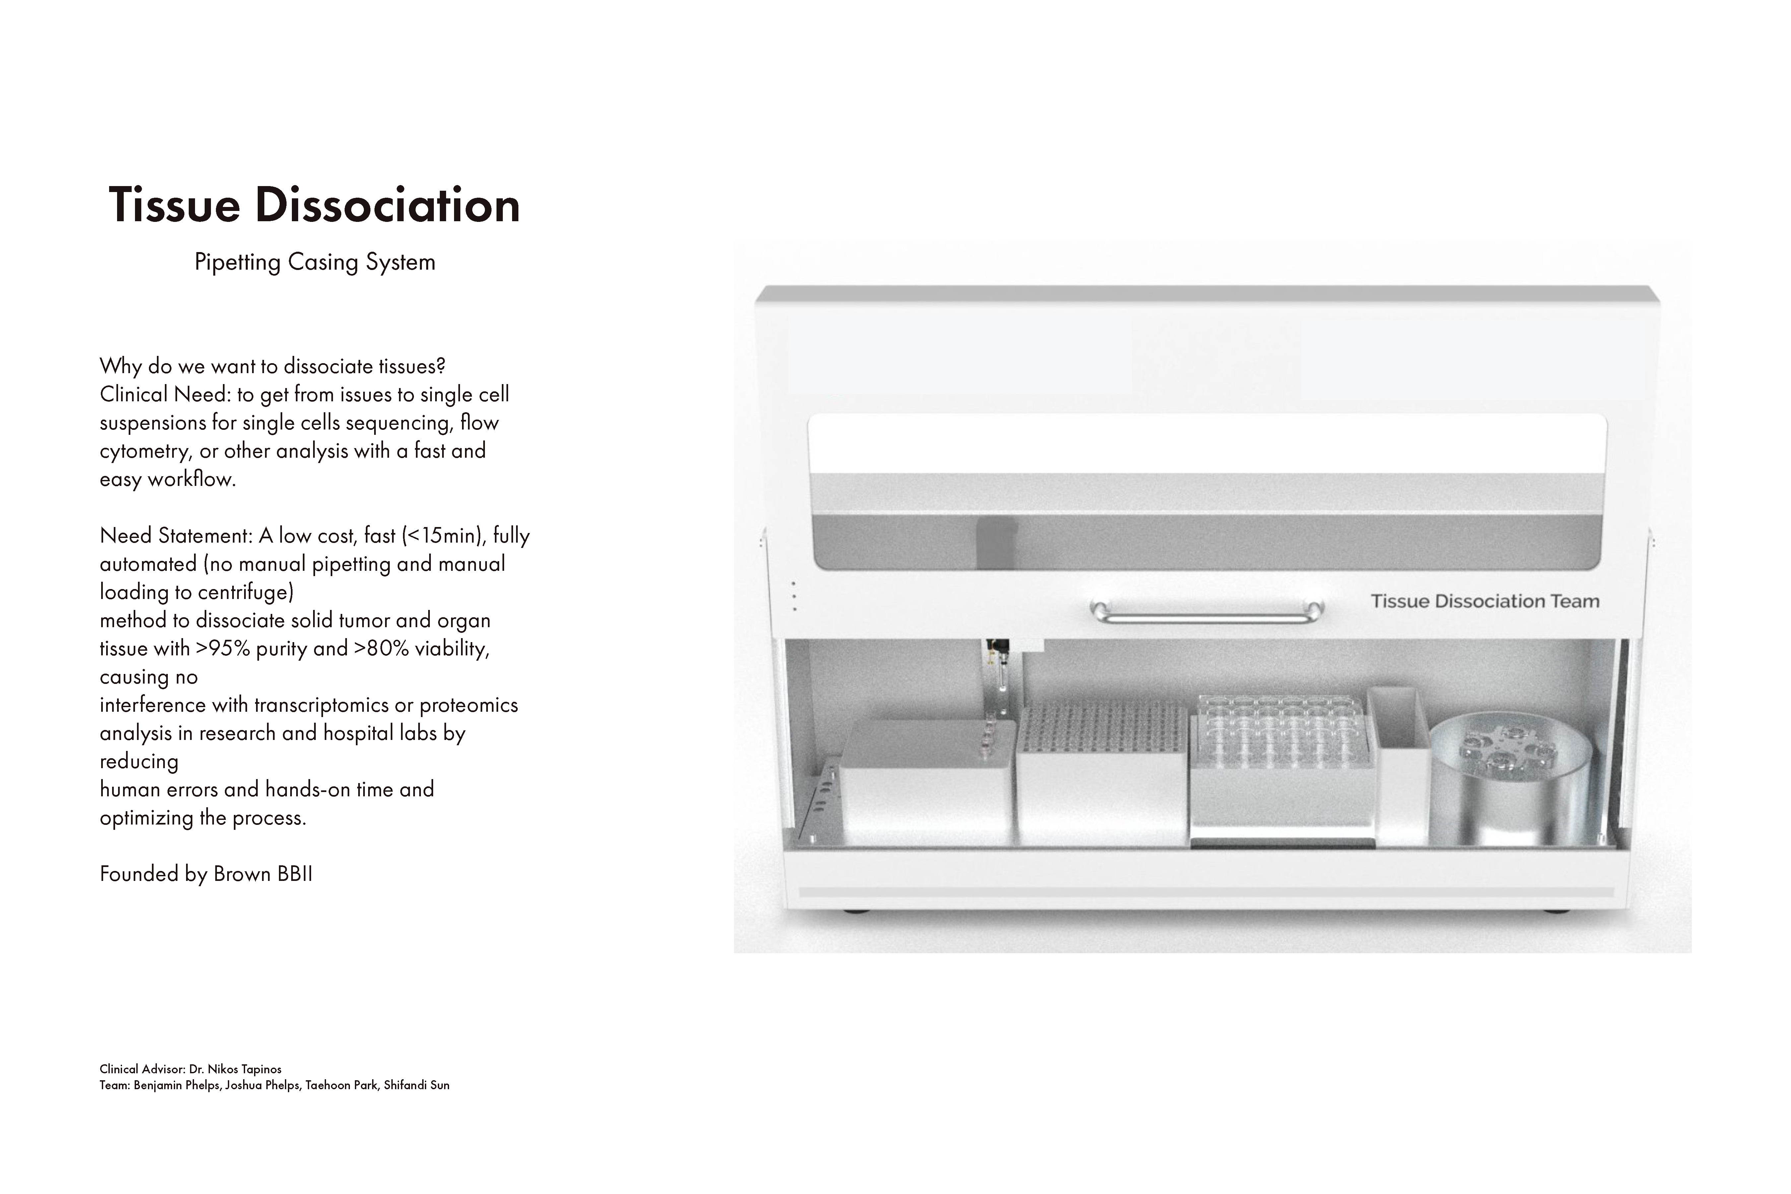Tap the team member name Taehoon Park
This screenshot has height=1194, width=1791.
(x=341, y=1085)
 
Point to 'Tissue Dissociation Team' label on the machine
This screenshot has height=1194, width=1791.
(x=1485, y=602)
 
